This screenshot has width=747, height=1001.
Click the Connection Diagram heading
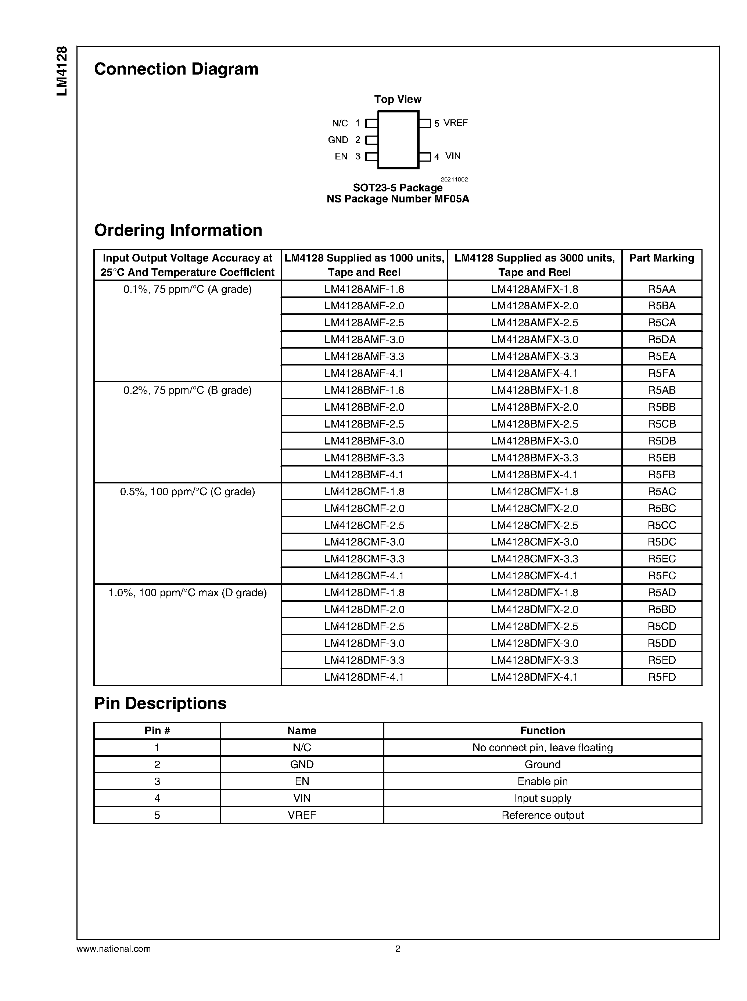click(x=176, y=69)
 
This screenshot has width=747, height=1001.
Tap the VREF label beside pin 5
click(x=455, y=123)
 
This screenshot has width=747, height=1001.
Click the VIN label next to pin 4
click(x=453, y=156)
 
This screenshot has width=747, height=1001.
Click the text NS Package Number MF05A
click(x=398, y=199)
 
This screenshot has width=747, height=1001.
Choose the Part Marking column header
click(x=661, y=258)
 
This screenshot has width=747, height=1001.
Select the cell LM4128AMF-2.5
click(x=364, y=323)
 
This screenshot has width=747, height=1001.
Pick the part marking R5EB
click(x=661, y=458)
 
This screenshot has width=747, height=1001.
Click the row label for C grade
click(x=187, y=492)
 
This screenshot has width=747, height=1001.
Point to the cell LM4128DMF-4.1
click(x=364, y=677)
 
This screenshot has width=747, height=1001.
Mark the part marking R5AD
click(x=661, y=592)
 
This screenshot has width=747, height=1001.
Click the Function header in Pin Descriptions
click(x=542, y=731)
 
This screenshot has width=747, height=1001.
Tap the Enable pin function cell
click(x=542, y=781)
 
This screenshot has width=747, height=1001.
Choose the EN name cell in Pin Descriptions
click(x=302, y=781)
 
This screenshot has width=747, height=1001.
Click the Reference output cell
click(x=542, y=815)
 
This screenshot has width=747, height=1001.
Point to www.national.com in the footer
click(x=114, y=949)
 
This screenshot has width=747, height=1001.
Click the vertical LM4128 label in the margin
click(x=62, y=71)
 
